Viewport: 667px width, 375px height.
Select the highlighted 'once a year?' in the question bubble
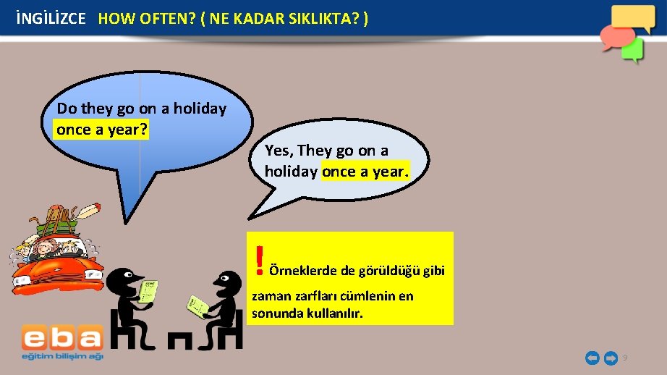[x=101, y=130]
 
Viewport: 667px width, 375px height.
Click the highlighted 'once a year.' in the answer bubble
[x=365, y=172]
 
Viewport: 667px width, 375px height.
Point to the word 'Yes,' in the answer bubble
[x=279, y=151]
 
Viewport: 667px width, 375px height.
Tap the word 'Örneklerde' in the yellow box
[x=302, y=271]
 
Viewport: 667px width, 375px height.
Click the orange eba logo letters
[x=61, y=338]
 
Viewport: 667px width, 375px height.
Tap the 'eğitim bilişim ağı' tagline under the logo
[x=61, y=355]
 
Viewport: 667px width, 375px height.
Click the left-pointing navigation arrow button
[x=592, y=358]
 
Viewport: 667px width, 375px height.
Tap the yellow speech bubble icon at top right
[x=632, y=17]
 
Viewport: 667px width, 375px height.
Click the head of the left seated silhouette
[x=127, y=277]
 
